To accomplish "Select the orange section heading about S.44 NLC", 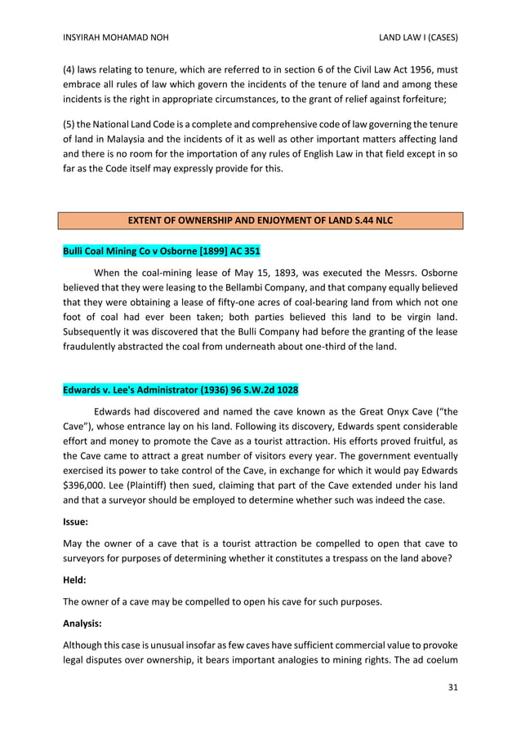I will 260,220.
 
